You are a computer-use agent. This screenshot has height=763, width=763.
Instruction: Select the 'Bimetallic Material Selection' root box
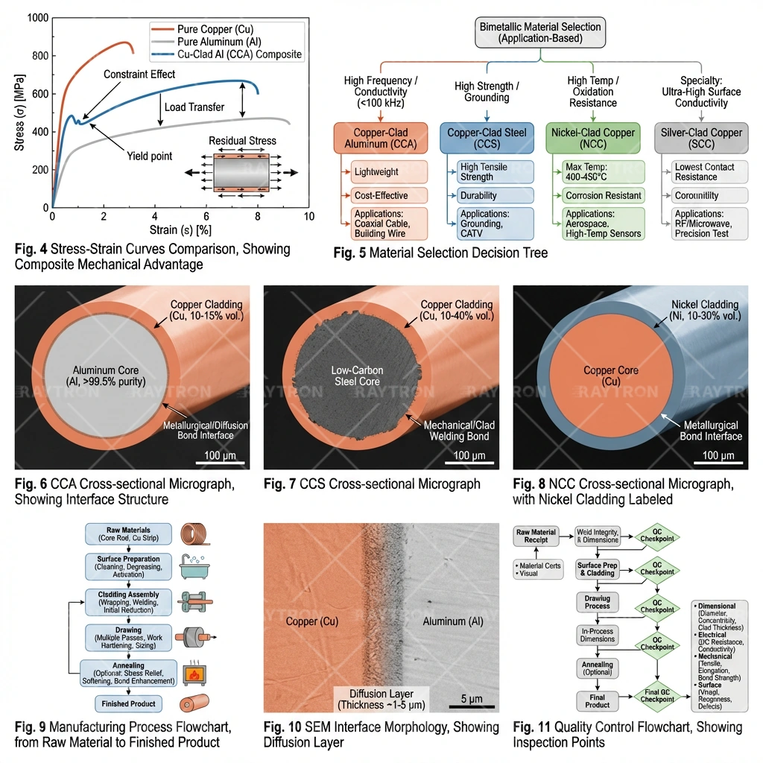[x=540, y=32]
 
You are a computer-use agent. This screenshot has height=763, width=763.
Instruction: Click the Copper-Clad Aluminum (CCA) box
[x=380, y=138]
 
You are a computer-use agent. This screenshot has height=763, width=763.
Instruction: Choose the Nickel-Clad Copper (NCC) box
[x=593, y=138]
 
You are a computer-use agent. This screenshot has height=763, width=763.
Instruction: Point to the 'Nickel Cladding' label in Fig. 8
[x=704, y=310]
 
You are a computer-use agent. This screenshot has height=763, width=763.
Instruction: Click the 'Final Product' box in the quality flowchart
[x=597, y=700]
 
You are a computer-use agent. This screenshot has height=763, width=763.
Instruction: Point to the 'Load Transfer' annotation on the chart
[x=194, y=107]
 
